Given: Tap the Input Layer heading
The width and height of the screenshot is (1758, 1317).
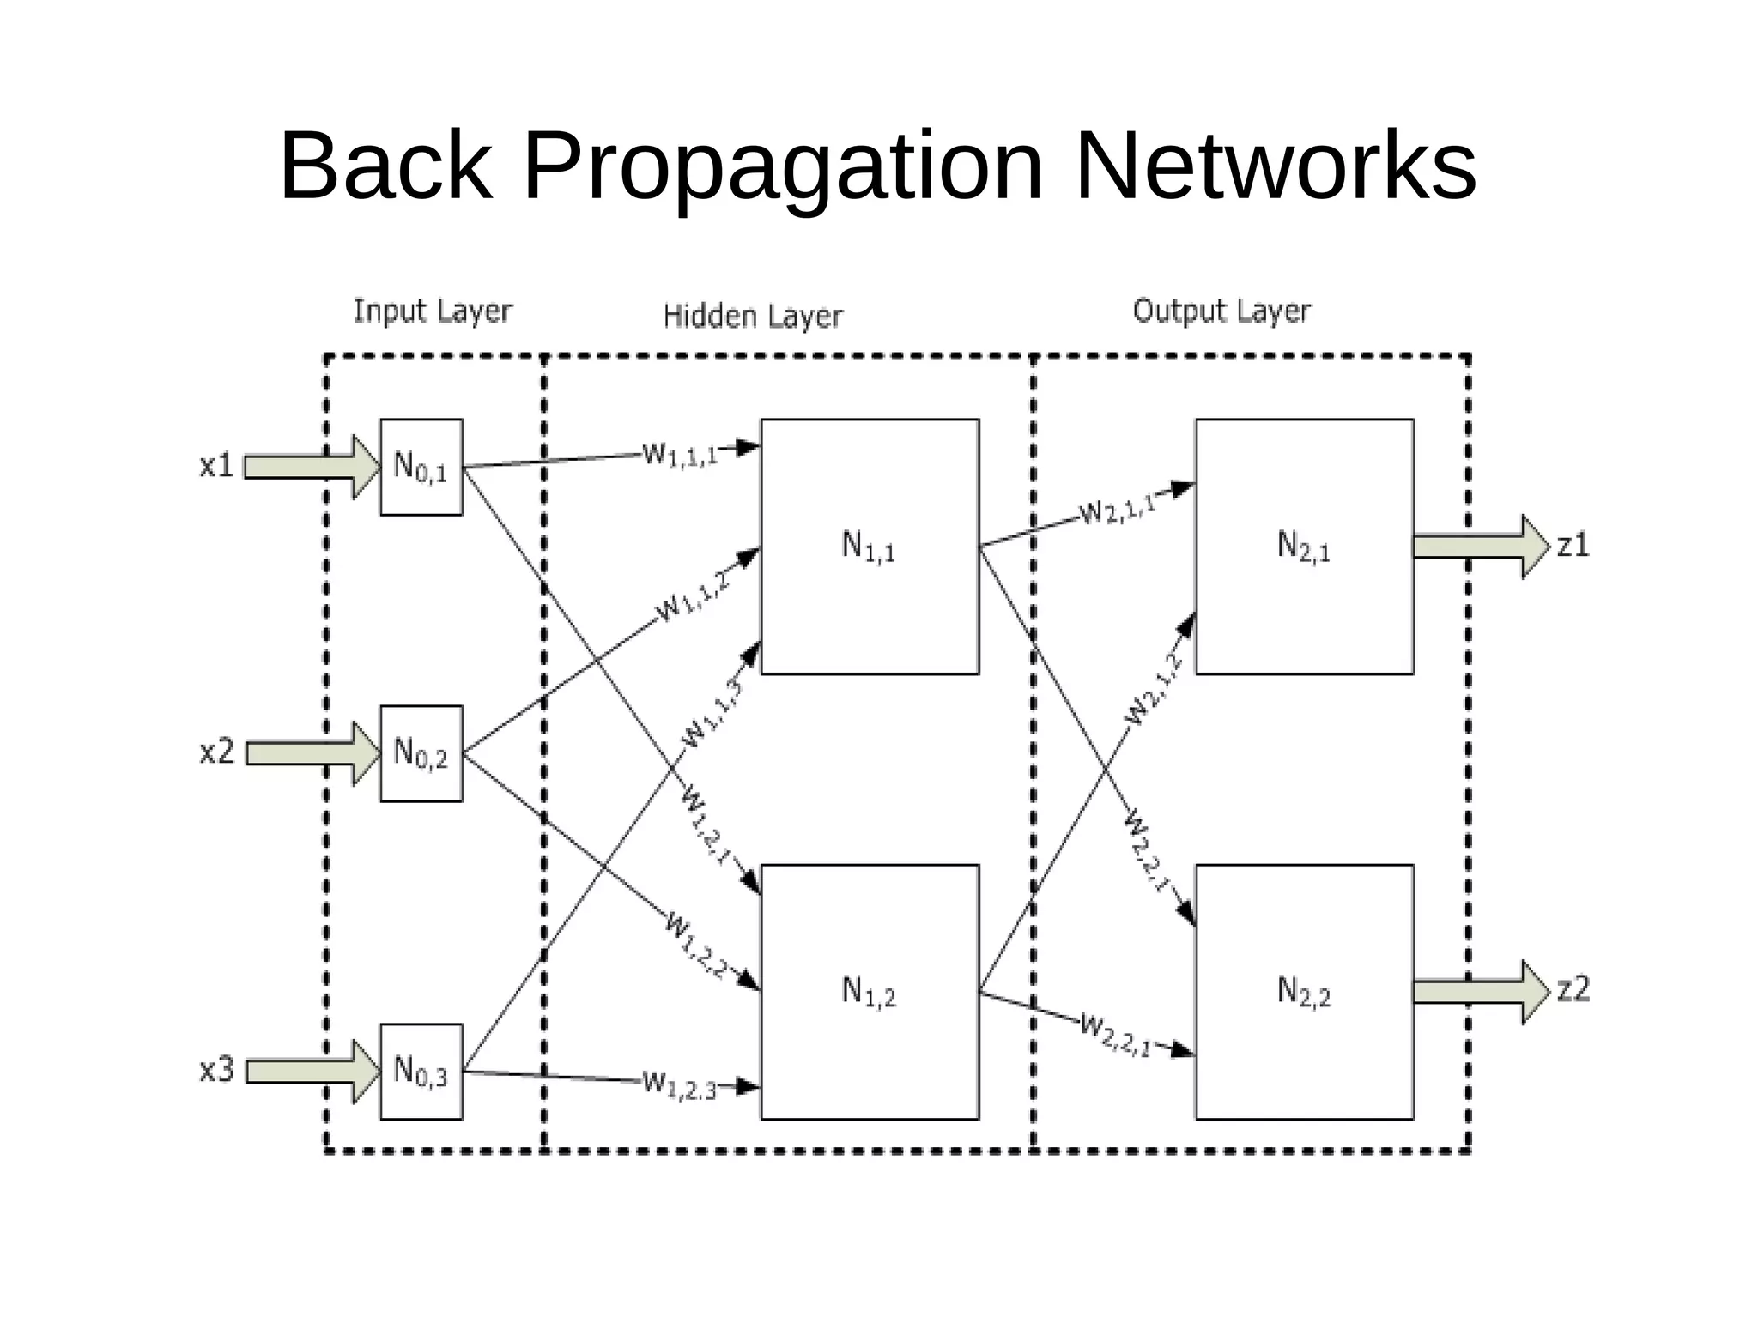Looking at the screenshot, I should pyautogui.click(x=433, y=311).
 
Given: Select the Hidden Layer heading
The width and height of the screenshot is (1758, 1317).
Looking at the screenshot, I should pyautogui.click(x=753, y=317).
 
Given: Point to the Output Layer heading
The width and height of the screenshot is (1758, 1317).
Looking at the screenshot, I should pyautogui.click(x=1222, y=311).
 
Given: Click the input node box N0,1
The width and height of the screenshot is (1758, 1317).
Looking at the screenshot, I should pyautogui.click(x=421, y=467).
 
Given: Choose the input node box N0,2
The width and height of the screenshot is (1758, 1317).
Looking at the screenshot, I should pyautogui.click(x=421, y=753).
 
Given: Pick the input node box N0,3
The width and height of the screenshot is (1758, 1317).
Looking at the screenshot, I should pyautogui.click(x=421, y=1071).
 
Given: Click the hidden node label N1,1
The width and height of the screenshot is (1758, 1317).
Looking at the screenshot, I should pyautogui.click(x=868, y=547).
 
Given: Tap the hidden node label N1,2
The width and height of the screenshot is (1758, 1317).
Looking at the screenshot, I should pyautogui.click(x=868, y=992).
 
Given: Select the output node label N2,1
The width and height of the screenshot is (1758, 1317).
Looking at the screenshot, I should pyautogui.click(x=1303, y=547).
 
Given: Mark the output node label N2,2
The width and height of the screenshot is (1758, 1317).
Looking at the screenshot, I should pyautogui.click(x=1303, y=992).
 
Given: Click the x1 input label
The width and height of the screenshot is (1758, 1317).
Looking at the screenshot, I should pyautogui.click(x=216, y=466).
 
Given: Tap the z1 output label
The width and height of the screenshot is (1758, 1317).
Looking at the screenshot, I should pyautogui.click(x=1573, y=546).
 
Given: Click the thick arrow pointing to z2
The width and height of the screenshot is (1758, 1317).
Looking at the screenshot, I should pyautogui.click(x=1480, y=992).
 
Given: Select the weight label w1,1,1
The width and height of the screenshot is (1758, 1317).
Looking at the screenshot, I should pyautogui.click(x=680, y=455).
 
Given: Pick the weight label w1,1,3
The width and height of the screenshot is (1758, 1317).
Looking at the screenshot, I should pyautogui.click(x=712, y=713).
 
